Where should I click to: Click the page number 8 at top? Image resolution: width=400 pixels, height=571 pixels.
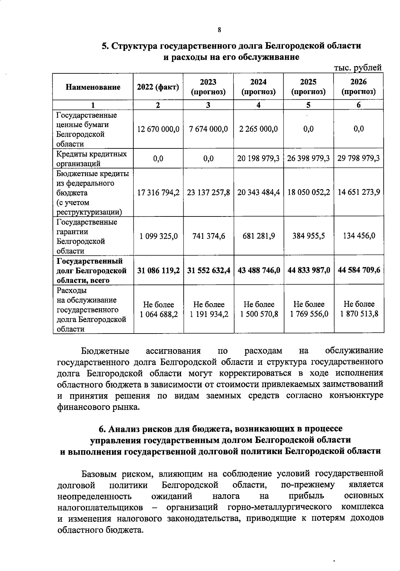219,30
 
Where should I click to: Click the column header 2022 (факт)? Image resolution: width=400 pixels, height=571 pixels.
158,87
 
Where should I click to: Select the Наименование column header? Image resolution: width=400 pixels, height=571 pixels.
93,87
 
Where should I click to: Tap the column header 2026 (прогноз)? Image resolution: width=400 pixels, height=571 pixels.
358,87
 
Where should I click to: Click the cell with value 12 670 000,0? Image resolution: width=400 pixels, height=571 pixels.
158,129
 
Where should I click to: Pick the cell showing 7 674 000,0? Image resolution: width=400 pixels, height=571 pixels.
208,129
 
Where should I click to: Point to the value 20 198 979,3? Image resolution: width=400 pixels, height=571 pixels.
258,158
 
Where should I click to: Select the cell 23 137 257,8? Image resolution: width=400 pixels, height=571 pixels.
208,192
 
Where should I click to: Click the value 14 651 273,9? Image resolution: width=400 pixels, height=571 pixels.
359,192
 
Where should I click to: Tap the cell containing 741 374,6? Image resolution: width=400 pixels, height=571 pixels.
208,236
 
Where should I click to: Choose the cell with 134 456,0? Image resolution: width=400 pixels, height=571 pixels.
359,236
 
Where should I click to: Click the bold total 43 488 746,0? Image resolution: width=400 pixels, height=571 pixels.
259,270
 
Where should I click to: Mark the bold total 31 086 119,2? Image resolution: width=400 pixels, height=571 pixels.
158,270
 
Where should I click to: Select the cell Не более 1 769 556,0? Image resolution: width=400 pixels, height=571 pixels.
309,309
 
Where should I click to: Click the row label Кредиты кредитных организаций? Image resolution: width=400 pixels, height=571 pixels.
91,158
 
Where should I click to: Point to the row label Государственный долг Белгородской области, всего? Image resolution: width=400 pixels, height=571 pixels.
91,270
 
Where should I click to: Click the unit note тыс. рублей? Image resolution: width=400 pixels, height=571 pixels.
357,68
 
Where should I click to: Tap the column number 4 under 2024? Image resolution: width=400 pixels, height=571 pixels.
258,105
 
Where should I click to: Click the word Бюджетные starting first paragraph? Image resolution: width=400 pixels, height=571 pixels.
105,351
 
